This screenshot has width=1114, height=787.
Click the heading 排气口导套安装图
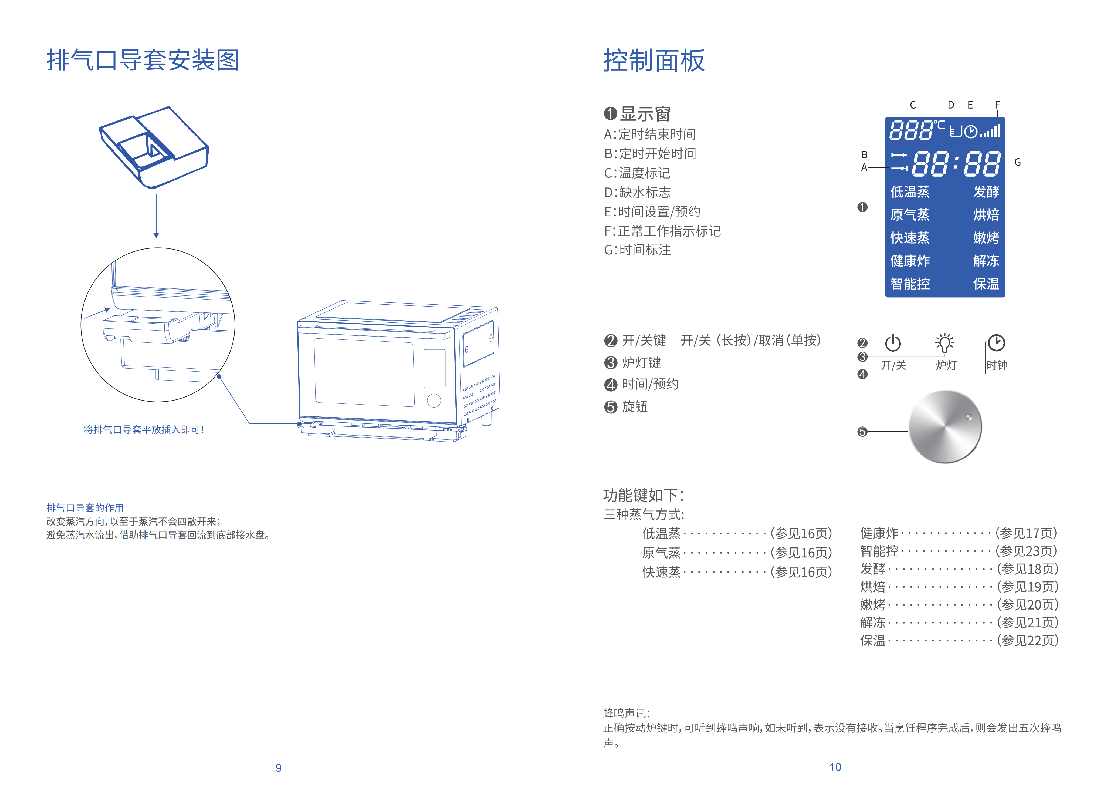pyautogui.click(x=143, y=60)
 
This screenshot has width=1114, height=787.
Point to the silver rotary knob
pyautogui.click(x=945, y=427)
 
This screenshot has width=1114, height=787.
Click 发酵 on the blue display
pyautogui.click(x=986, y=192)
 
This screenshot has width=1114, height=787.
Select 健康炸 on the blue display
pyautogui.click(x=910, y=261)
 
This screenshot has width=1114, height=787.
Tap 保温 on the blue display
pyautogui.click(x=986, y=284)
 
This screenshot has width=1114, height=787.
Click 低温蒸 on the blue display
pyautogui.click(x=910, y=192)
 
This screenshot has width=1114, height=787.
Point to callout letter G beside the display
pyautogui.click(x=1017, y=162)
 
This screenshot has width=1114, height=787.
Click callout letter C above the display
pyautogui.click(x=913, y=105)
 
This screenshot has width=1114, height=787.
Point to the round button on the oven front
pyautogui.click(x=434, y=401)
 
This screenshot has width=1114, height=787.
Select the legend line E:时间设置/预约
pyautogui.click(x=652, y=212)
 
